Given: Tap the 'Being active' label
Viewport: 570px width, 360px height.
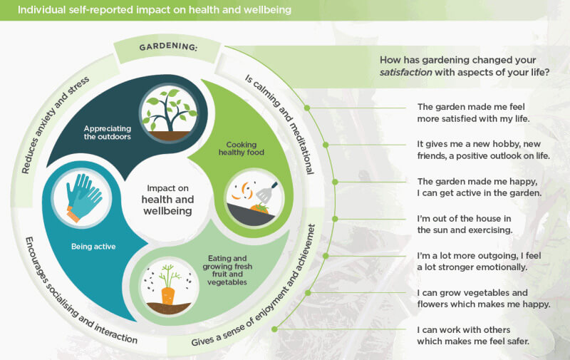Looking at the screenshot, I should tap(93, 247).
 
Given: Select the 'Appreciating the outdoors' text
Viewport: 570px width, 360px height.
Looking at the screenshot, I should tap(107, 133).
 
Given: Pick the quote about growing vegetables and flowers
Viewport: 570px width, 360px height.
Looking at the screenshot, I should tap(483, 298).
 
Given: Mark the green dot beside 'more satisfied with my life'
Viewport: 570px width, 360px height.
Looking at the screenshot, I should tap(308, 108).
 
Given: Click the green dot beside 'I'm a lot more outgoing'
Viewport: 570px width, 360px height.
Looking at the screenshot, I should tap(326, 254).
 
